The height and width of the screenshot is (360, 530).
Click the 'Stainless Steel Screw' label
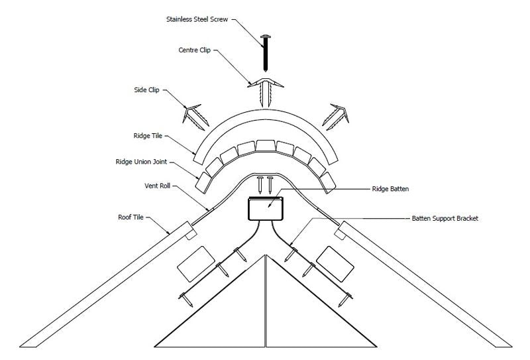pyautogui.click(x=197, y=19)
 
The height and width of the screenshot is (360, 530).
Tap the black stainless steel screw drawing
pyautogui.click(x=266, y=53)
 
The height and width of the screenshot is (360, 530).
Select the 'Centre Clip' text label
pyautogui.click(x=194, y=50)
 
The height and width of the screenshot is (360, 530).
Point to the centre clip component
pyautogui.click(x=266, y=91)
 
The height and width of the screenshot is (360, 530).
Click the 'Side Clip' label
pyautogui.click(x=146, y=90)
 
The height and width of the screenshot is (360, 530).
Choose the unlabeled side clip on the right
pyautogui.click(x=337, y=117)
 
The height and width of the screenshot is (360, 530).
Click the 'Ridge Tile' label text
pyautogui.click(x=148, y=136)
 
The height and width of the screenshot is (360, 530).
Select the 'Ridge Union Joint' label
pyautogui.click(x=141, y=162)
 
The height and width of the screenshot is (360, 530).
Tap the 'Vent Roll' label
pyautogui.click(x=157, y=186)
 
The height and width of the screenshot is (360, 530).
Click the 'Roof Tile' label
pyautogui.click(x=131, y=217)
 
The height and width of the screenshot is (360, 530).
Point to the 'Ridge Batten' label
pyautogui.click(x=390, y=189)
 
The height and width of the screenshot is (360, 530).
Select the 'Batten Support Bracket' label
pyautogui.click(x=445, y=219)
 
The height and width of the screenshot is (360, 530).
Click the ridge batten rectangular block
pyautogui.click(x=266, y=209)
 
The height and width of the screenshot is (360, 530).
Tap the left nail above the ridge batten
pyautogui.click(x=260, y=185)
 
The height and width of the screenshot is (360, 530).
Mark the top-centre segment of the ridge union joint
pyautogui.click(x=266, y=145)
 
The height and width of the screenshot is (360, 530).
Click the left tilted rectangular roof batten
pyautogui.click(x=196, y=264)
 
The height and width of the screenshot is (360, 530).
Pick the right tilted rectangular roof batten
pyautogui.click(x=335, y=264)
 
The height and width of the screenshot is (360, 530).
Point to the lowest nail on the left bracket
pyautogui.click(x=185, y=300)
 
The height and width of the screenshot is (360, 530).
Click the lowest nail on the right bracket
pyautogui.click(x=345, y=300)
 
